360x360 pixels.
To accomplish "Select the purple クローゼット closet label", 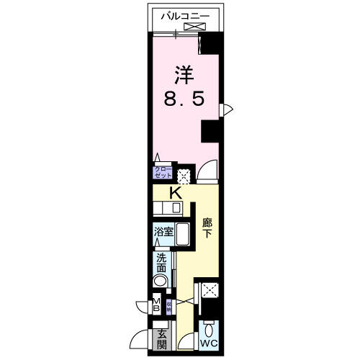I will click(x=161, y=173).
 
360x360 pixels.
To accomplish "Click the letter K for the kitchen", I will click(x=175, y=193).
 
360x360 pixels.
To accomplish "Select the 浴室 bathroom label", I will click(x=162, y=232).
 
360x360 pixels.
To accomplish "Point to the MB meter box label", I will click(x=156, y=305).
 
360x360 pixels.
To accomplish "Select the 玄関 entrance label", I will click(x=161, y=336).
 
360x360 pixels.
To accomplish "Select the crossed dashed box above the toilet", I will click(x=212, y=291).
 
